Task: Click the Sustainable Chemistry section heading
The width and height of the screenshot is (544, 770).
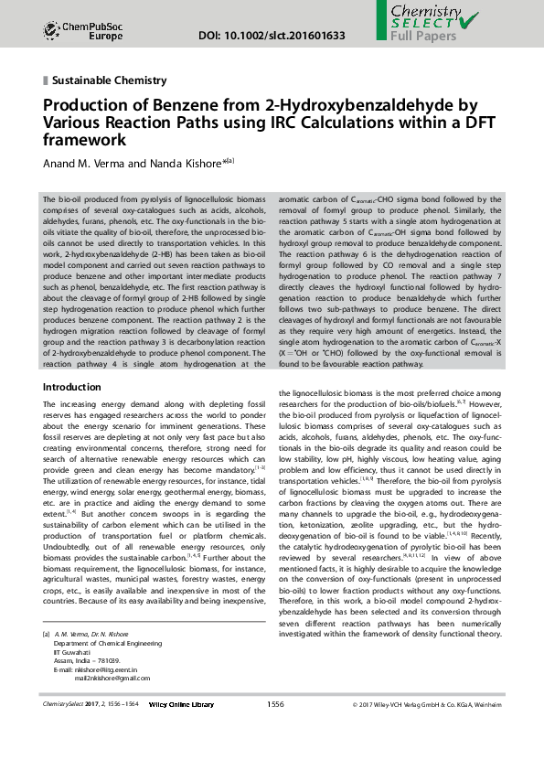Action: [x=109, y=80]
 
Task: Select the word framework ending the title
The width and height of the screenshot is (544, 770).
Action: [x=84, y=141]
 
